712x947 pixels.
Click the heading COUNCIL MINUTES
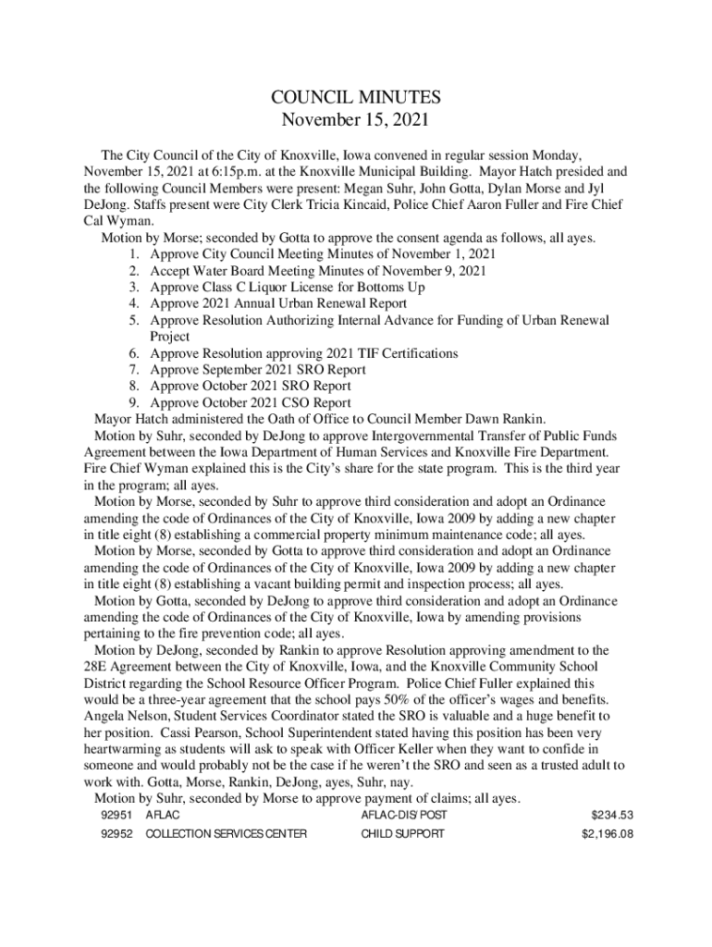click(356, 97)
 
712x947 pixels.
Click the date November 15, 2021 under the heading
click(356, 120)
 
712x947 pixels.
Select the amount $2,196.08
click(607, 833)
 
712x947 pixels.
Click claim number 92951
click(117, 815)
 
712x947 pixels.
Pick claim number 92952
click(117, 833)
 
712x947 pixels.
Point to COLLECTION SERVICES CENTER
click(227, 833)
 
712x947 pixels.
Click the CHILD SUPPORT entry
click(402, 833)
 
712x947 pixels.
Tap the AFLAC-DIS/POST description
click(404, 815)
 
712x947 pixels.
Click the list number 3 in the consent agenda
click(134, 287)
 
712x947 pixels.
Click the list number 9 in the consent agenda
click(134, 403)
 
